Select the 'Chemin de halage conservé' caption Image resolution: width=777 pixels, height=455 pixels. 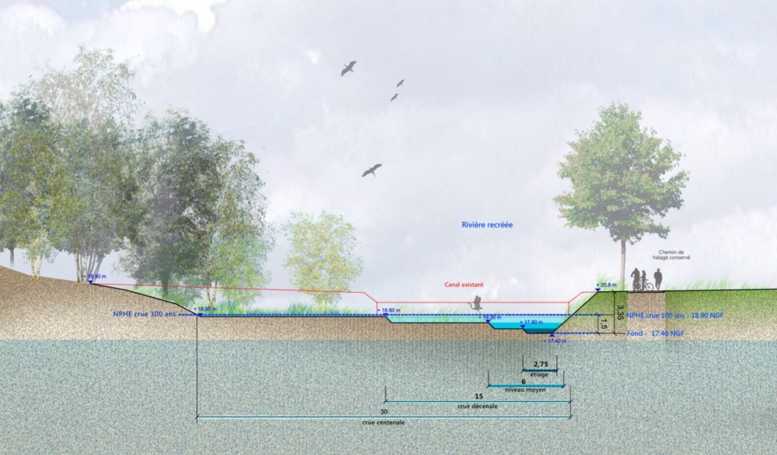671,257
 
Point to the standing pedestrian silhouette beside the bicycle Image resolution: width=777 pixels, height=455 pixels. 658,279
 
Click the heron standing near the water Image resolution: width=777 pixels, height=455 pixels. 477,303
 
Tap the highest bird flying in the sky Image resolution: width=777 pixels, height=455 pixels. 348,68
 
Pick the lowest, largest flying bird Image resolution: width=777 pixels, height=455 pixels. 371,171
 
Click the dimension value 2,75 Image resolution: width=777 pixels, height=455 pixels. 541,364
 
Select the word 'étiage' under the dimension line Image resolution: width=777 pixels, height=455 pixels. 540,375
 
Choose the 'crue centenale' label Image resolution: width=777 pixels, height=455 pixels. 384,422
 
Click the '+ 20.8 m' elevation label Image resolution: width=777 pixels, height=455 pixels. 608,285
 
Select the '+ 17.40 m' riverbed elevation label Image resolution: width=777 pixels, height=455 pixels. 556,341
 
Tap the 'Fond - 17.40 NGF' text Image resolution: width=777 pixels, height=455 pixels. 656,334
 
